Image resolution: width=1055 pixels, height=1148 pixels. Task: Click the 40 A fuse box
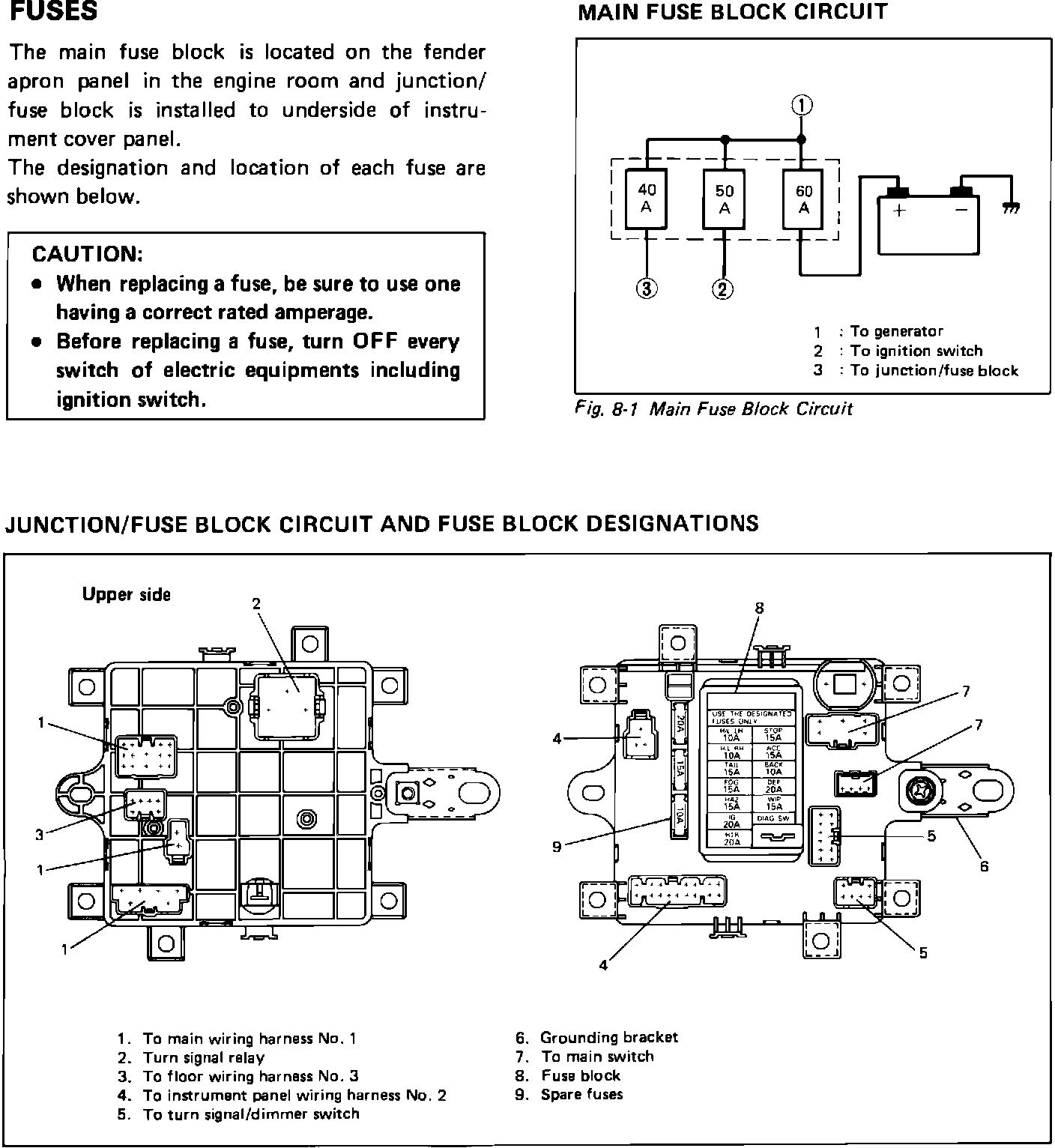646,199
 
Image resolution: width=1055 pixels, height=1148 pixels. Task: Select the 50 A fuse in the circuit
725,200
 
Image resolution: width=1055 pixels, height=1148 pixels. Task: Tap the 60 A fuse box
804,199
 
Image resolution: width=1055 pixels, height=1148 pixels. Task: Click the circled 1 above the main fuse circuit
802,105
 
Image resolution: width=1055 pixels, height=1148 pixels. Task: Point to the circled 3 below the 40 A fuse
646,288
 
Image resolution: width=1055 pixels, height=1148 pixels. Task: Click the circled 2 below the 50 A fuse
723,288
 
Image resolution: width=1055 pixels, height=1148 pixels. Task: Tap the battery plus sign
899,211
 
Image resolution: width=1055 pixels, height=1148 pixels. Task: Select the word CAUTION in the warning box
88,254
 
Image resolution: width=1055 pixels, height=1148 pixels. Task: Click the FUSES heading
52,13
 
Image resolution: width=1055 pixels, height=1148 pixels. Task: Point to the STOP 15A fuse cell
773,734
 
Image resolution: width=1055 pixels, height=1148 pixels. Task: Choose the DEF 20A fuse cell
773,786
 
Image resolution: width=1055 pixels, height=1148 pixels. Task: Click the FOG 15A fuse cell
731,786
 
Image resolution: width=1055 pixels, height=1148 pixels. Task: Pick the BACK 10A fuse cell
773,769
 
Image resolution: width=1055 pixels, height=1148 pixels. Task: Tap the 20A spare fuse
680,722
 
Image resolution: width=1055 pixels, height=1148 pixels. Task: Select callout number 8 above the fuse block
759,608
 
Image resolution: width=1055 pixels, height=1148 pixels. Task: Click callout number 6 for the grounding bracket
984,866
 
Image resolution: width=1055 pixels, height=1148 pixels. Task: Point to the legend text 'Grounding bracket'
608,1038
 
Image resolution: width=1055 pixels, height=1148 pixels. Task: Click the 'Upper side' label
127,595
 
